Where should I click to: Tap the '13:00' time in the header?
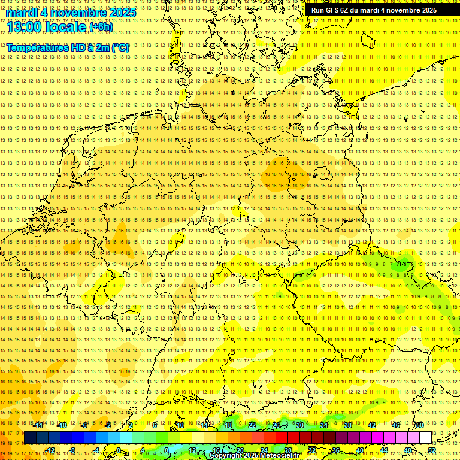[24, 26]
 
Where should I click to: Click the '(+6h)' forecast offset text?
[101, 27]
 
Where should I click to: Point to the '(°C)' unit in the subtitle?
[119, 47]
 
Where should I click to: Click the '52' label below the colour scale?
[432, 450]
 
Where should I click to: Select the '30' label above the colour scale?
[300, 425]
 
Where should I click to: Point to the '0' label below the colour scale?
[119, 450]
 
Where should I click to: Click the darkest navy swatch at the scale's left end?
[30, 438]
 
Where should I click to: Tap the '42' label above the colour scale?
[371, 425]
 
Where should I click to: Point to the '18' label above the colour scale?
[228, 425]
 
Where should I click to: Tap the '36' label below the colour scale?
[336, 450]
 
